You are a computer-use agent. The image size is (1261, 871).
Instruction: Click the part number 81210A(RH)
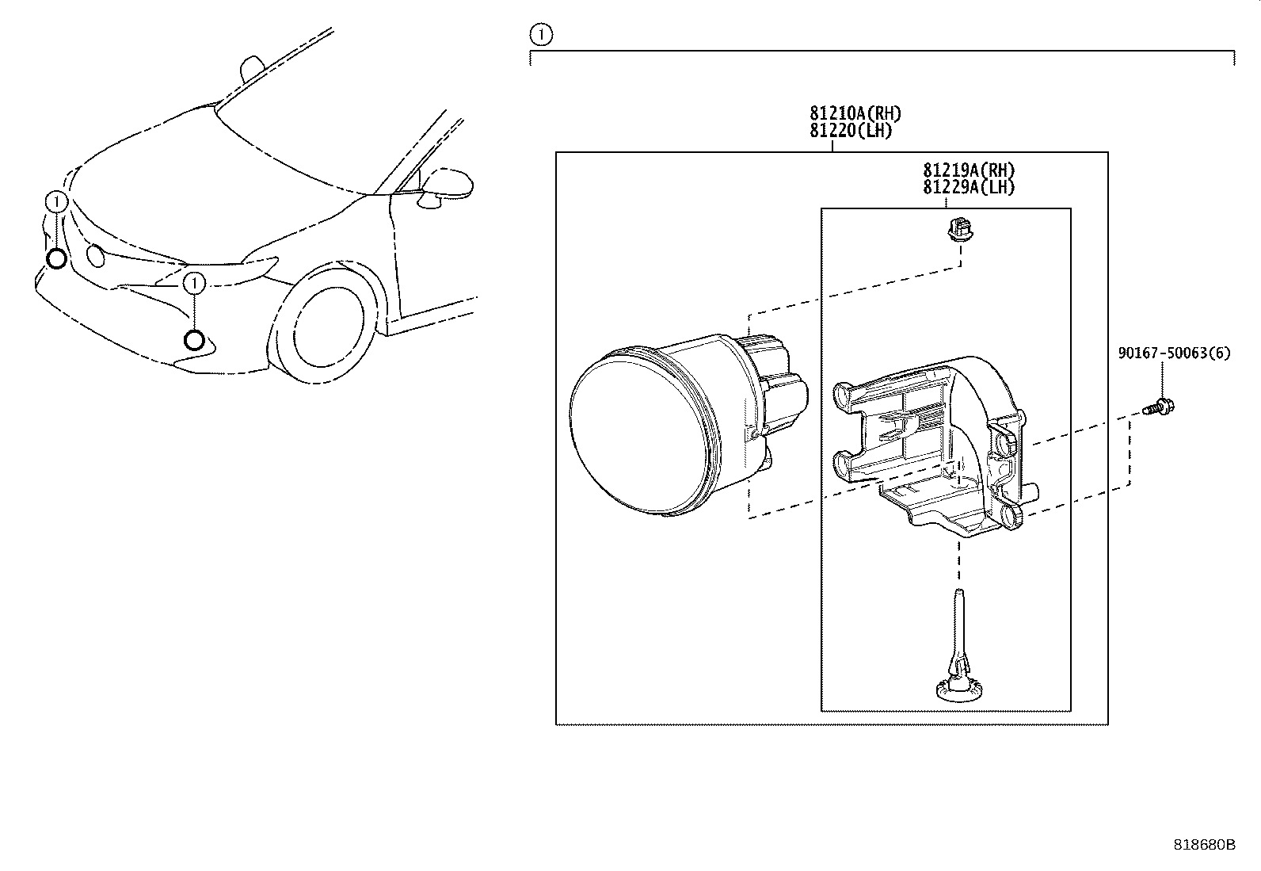tap(855, 113)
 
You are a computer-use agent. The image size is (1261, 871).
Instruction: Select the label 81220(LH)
tap(851, 131)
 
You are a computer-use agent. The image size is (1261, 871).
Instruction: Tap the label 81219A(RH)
tap(969, 170)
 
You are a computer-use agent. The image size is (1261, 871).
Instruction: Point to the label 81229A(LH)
tap(969, 187)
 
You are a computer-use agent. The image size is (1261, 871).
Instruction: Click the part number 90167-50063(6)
tap(1175, 353)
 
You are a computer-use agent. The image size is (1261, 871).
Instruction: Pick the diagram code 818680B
tap(1204, 845)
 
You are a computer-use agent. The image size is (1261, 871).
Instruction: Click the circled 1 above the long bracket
tap(541, 35)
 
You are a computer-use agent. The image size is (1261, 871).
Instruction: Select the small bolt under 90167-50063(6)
tap(1159, 407)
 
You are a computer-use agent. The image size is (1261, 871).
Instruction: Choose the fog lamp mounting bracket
tap(935, 445)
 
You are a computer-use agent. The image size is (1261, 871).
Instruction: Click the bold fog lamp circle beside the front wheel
tap(194, 340)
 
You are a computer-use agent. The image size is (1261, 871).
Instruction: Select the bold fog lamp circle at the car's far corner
tap(56, 259)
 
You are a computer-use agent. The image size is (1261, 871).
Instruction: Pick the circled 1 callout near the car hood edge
tap(56, 201)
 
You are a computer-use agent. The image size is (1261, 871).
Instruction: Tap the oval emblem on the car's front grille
tap(96, 255)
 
